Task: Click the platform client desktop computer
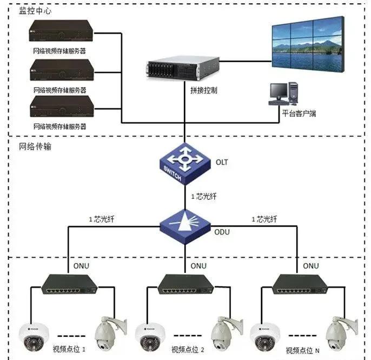click(284, 93)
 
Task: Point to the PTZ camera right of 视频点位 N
click(340, 332)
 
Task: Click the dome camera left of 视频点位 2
click(148, 335)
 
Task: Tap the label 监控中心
click(35, 11)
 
